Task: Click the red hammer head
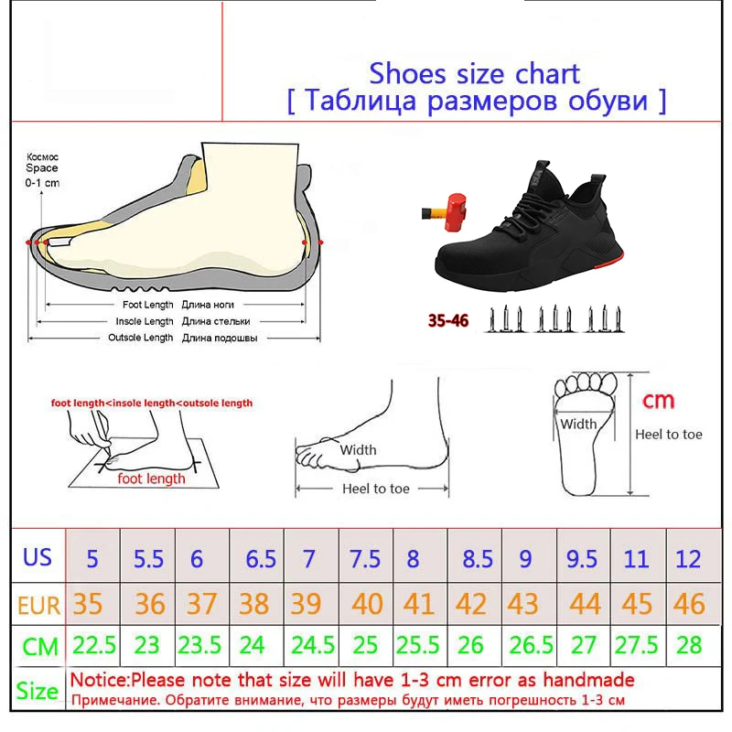pyautogui.click(x=455, y=212)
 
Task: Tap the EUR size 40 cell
pyautogui.click(x=367, y=604)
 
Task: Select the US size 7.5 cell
pyautogui.click(x=365, y=559)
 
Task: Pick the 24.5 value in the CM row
pyautogui.click(x=313, y=645)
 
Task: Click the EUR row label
pyautogui.click(x=38, y=606)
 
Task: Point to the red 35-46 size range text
pyautogui.click(x=447, y=321)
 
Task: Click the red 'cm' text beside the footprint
pyautogui.click(x=658, y=401)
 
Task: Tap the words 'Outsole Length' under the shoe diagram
pyautogui.click(x=141, y=338)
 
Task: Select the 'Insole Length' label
pyautogui.click(x=145, y=321)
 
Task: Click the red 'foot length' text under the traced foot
pyautogui.click(x=151, y=479)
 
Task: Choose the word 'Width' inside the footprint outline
pyautogui.click(x=578, y=424)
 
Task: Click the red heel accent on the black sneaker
pyautogui.click(x=610, y=260)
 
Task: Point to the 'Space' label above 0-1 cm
pyautogui.click(x=42, y=168)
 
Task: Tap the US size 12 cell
pyautogui.click(x=688, y=559)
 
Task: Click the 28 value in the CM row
pyautogui.click(x=689, y=645)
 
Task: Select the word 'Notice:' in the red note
pyautogui.click(x=100, y=680)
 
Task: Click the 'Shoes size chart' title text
pyautogui.click(x=474, y=74)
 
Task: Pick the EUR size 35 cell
pyautogui.click(x=87, y=604)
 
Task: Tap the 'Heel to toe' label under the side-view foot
pyautogui.click(x=376, y=489)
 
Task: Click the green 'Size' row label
pyautogui.click(x=38, y=691)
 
